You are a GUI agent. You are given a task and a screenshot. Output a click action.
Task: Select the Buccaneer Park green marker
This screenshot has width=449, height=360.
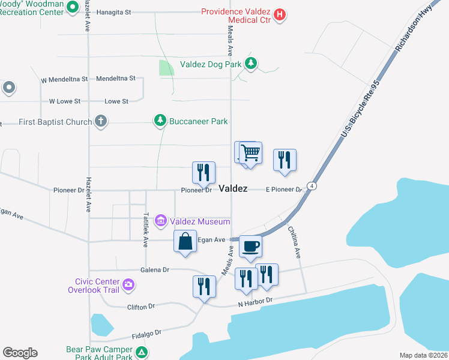tap(160, 121)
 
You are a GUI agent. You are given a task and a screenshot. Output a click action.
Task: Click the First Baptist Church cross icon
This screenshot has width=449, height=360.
tap(101, 122)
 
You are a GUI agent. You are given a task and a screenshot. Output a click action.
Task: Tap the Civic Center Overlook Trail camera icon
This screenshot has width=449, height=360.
tap(127, 284)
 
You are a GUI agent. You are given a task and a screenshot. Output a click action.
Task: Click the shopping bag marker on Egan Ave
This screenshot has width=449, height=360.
tap(185, 242)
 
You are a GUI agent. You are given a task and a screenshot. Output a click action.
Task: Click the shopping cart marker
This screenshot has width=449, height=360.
tap(250, 152)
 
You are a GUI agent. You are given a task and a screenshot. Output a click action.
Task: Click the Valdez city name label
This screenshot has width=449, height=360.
tap(233, 188)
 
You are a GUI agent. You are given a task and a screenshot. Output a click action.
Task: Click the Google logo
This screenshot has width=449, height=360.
tap(20, 352)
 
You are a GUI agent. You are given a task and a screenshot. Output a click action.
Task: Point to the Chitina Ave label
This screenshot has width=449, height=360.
tap(293, 241)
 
